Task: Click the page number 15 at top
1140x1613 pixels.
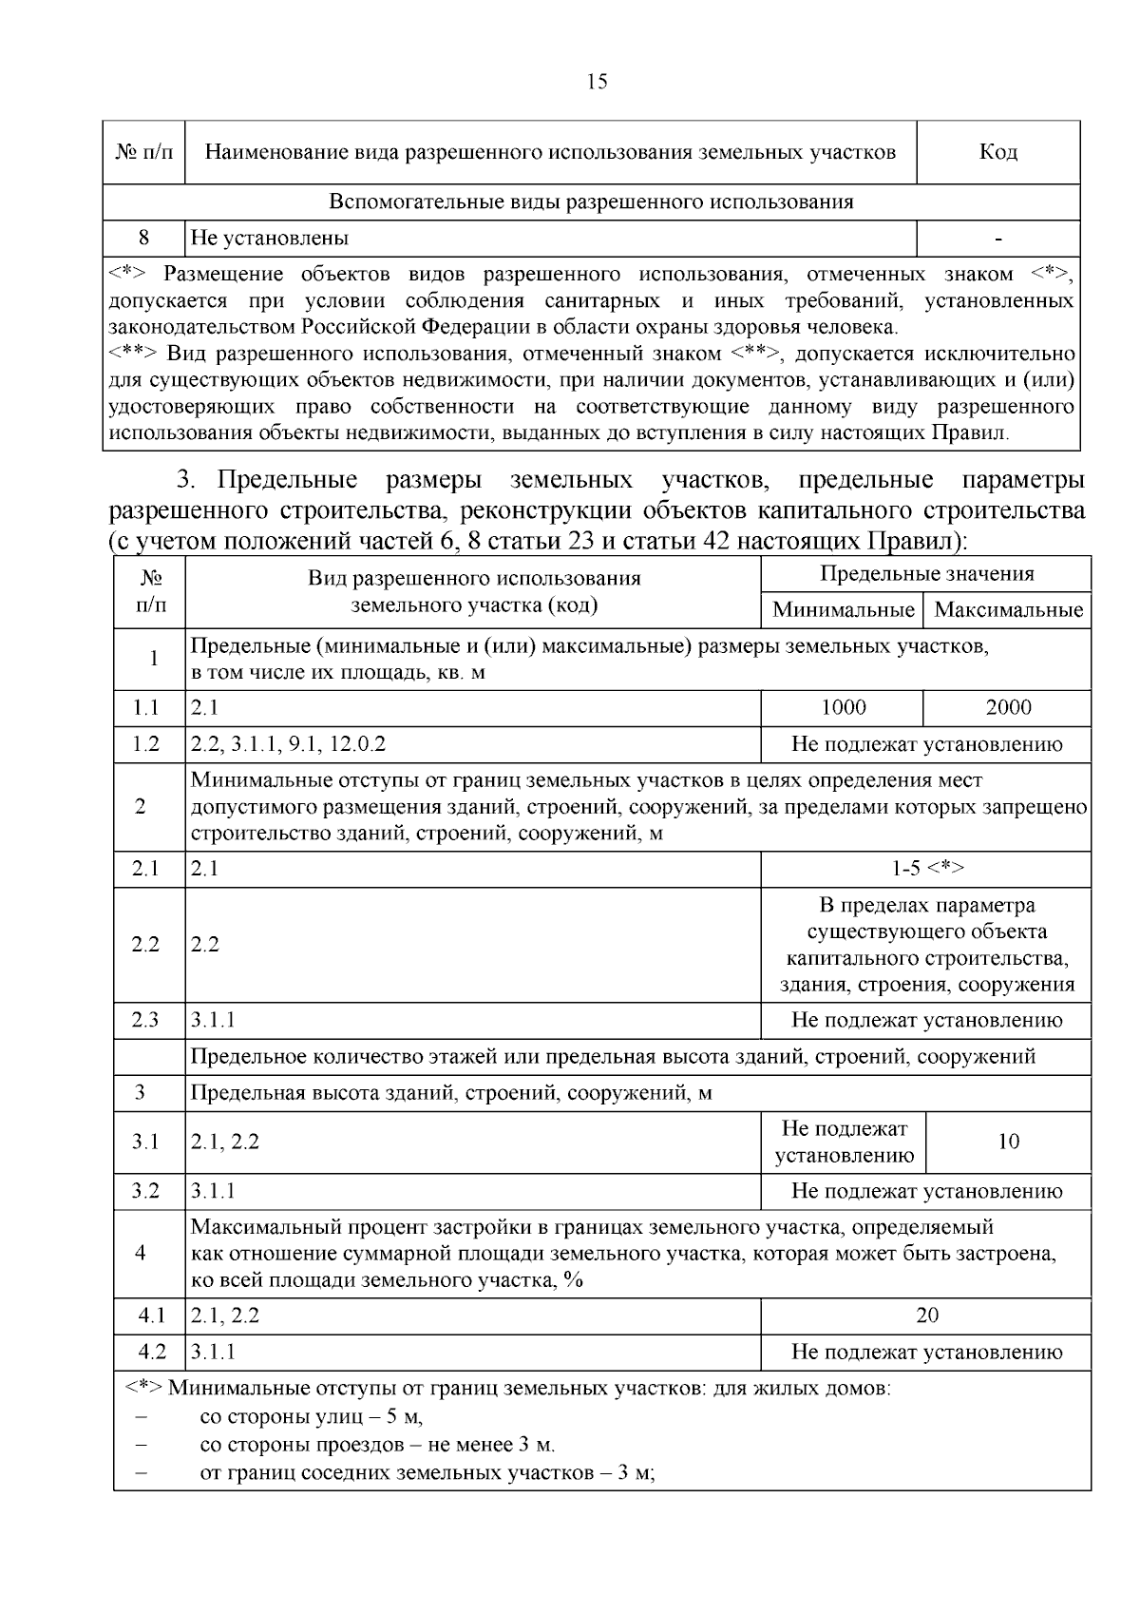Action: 598,82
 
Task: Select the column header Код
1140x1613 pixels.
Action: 997,152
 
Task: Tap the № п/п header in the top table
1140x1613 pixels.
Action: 143,152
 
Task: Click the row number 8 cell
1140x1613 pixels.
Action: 143,238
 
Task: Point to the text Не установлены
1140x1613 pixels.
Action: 270,238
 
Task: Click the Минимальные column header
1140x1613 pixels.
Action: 843,610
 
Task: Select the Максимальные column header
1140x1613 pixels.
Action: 1008,610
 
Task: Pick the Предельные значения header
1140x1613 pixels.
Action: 926,574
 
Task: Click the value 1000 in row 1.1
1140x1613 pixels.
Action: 843,708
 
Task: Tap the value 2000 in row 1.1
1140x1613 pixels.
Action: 1008,708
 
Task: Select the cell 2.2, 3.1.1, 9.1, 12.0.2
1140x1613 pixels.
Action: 289,744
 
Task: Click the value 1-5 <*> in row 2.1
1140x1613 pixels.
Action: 926,869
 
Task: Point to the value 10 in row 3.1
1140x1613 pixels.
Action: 1008,1142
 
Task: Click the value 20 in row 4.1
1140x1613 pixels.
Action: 926,1315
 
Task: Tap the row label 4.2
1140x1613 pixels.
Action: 151,1352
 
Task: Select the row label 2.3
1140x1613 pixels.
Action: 145,1020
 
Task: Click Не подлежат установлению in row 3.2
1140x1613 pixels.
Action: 926,1191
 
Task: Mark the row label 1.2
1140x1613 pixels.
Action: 145,744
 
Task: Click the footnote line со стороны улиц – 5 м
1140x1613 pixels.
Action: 311,1417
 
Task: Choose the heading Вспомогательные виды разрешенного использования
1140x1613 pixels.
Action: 591,202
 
